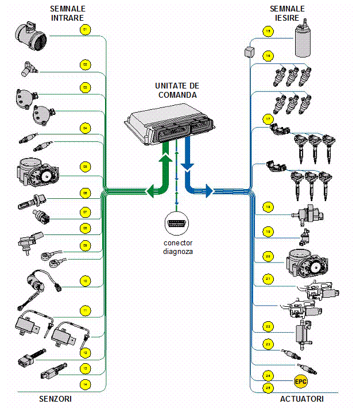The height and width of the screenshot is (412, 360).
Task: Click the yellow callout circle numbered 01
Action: (85, 29)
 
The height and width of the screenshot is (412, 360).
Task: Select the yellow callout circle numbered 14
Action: (85, 383)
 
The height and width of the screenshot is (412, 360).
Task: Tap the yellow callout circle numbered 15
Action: (268, 32)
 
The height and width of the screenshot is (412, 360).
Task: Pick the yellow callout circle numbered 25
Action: (268, 388)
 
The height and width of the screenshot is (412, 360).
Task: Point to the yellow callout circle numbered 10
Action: (85, 281)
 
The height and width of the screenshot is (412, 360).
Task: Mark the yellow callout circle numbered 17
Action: (268, 119)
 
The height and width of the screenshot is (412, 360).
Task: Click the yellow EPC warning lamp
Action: (301, 381)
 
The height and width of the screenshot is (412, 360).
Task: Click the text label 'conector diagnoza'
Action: (177, 247)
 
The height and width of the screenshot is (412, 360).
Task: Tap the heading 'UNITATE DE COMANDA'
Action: (177, 90)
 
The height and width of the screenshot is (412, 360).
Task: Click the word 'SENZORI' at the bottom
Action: (56, 398)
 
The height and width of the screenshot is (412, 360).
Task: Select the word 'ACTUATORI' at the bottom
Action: (301, 398)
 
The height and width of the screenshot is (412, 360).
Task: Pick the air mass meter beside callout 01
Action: (32, 34)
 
